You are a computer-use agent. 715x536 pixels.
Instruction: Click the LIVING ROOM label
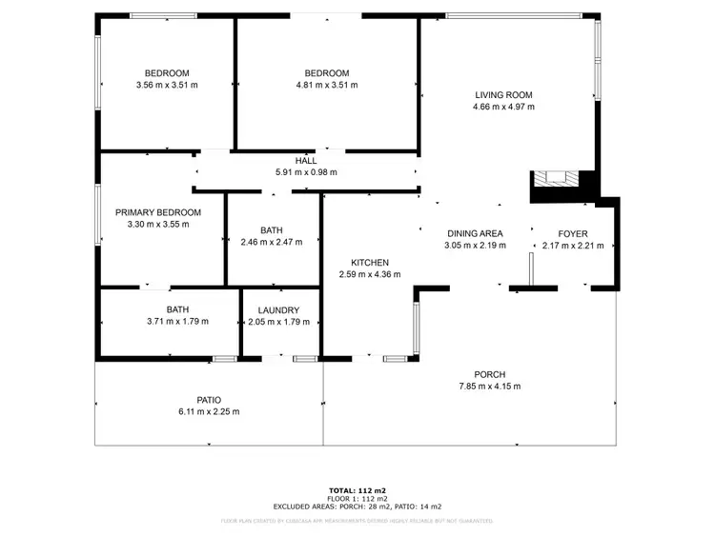[x=503, y=94]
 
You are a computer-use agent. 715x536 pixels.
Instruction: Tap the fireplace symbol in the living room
[x=553, y=178]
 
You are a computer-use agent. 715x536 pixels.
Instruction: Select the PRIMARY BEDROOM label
[x=158, y=212]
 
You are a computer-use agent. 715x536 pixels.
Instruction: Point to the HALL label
[x=306, y=160]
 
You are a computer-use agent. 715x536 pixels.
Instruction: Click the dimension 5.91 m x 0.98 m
[x=306, y=172]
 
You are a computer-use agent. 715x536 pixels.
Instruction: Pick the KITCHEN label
[x=370, y=262]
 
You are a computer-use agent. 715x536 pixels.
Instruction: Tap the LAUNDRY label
[x=278, y=309]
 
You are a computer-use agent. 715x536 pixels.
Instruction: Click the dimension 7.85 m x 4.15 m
[x=490, y=387]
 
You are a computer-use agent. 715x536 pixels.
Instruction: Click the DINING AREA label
[x=475, y=233]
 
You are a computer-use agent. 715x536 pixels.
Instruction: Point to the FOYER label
[x=573, y=233]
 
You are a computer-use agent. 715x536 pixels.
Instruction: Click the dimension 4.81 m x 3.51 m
[x=327, y=86]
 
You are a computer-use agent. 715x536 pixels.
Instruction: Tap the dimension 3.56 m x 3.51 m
[x=167, y=86]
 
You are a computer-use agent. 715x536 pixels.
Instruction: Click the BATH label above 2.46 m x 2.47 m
[x=272, y=229]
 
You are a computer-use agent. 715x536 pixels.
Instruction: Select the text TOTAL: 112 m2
[x=357, y=489]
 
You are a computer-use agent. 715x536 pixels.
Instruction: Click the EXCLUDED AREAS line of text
[x=357, y=506]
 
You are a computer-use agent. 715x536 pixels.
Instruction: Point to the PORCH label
[x=490, y=374]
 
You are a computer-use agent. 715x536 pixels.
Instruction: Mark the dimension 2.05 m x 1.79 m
[x=278, y=322]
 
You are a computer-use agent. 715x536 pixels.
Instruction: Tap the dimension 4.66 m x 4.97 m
[x=503, y=107]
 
